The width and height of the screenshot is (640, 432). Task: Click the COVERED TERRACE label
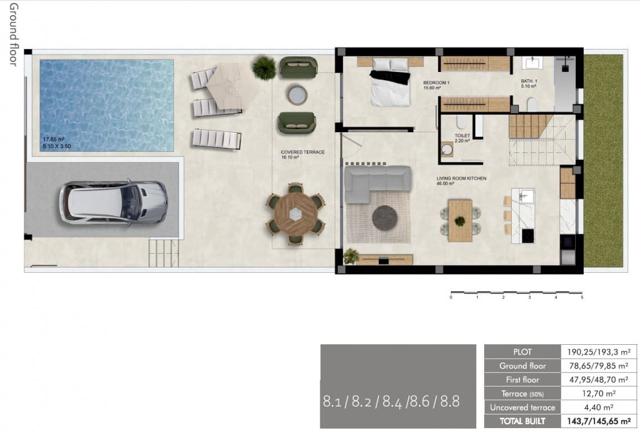tap(302, 152)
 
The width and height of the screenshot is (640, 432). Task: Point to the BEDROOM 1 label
tap(436, 83)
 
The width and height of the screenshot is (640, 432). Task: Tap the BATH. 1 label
tap(529, 83)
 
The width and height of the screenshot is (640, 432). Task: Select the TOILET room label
tap(462, 136)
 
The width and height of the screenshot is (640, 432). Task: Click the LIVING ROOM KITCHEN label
tap(461, 178)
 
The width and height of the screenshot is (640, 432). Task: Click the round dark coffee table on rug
tap(384, 217)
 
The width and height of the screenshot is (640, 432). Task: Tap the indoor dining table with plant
tap(460, 220)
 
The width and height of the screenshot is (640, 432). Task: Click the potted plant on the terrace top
tap(264, 68)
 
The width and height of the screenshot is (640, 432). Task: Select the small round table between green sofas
tap(296, 94)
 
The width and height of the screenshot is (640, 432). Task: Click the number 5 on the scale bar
tap(581, 298)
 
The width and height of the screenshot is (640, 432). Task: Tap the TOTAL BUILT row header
tap(522, 421)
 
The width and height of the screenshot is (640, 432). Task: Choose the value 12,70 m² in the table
tap(598, 394)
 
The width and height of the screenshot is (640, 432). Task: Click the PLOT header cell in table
tap(522, 352)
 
